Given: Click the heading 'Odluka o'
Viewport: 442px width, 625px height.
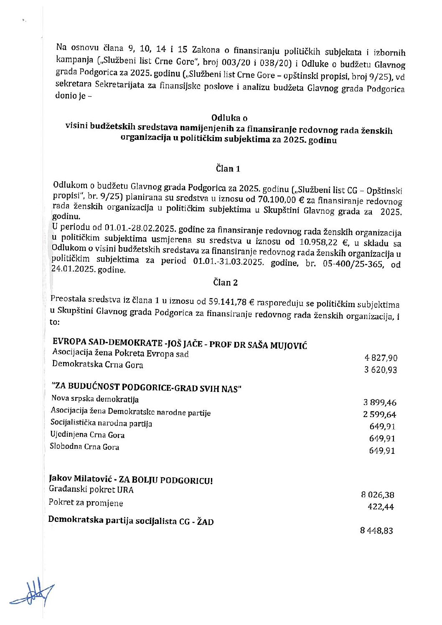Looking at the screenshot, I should pos(229,118).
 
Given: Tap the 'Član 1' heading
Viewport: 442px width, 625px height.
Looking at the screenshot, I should pos(228,169).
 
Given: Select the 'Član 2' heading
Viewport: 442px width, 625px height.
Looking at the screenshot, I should pos(225,283).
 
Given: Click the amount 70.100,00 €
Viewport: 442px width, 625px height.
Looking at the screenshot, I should pos(281,199).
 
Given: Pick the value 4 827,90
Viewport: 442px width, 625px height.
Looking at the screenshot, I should pos(381,358).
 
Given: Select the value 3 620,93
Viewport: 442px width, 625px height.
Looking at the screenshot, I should pos(380,370).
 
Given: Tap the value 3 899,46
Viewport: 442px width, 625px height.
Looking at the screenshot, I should pos(380,402).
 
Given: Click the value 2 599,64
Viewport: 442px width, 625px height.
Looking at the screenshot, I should pos(379,415).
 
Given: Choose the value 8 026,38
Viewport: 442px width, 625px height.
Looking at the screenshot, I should pos(378,495).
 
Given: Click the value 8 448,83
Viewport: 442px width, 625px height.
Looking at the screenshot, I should pos(376,531).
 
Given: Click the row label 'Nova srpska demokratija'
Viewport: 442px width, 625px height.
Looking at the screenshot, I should pos(95,399).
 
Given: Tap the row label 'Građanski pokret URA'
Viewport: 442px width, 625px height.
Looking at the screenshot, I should pos(91,490).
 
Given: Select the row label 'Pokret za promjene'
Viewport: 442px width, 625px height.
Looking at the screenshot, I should pos(86,503).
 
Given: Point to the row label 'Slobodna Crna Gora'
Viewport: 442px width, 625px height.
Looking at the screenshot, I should pos(84,446).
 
